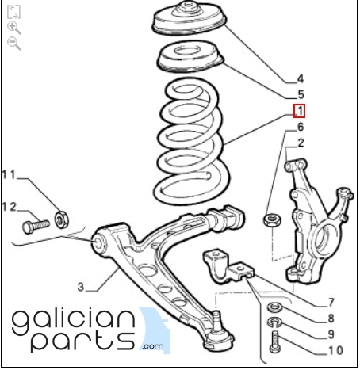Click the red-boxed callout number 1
click(x=299, y=111)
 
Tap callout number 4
click(x=301, y=79)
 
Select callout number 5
click(x=301, y=94)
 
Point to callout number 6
click(x=301, y=127)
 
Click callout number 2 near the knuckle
click(x=301, y=143)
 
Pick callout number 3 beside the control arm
click(x=81, y=287)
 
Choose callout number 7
click(x=331, y=303)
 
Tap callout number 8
click(x=331, y=319)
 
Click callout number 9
click(x=331, y=334)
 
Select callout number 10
click(x=336, y=350)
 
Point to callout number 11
click(x=9, y=174)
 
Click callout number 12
click(x=10, y=207)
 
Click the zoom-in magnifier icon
click(x=13, y=28)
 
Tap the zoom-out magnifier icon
click(x=13, y=44)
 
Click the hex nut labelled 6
click(x=272, y=219)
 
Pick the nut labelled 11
click(x=62, y=219)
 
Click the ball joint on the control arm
click(x=218, y=333)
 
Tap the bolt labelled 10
click(x=274, y=342)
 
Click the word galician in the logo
click(x=73, y=320)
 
